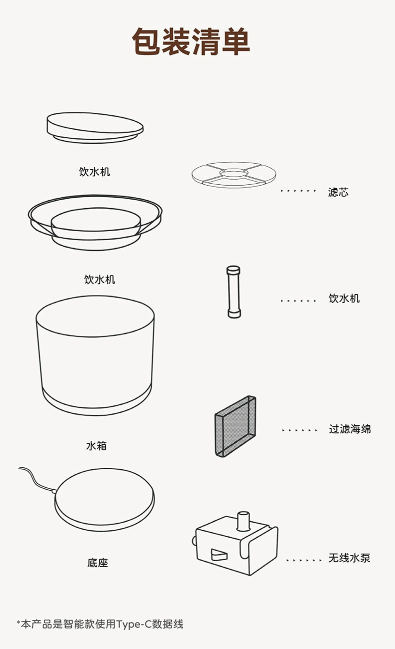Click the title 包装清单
coord(191,41)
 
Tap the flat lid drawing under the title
coord(95,128)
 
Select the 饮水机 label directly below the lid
coord(94,172)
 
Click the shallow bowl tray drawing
coord(95,222)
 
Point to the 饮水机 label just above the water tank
coord(99,280)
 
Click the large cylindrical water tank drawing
coord(95,355)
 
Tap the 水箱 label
coord(96,446)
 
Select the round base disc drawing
coord(104,500)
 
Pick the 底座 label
coord(98,563)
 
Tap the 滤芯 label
coord(338,192)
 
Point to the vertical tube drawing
coord(233,292)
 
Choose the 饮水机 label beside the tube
coord(344,298)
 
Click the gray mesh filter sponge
coord(235,426)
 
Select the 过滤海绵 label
coord(350,429)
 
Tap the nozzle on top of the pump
coord(243,521)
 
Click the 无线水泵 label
coord(349,558)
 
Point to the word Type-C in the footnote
coord(134,625)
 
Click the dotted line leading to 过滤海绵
coord(300,430)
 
